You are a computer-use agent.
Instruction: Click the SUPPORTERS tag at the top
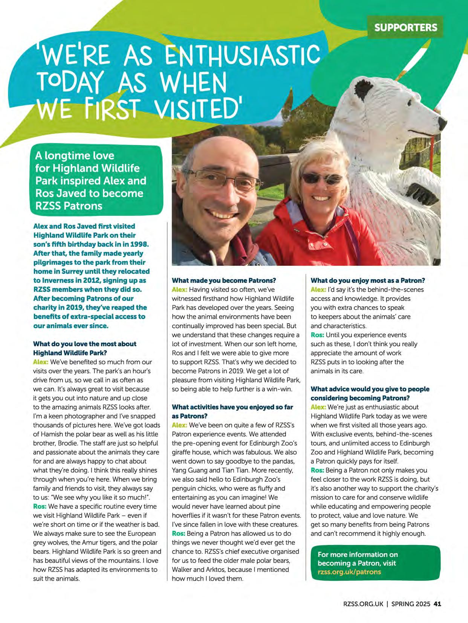click(405, 27)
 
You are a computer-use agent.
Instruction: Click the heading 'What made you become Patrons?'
click(224, 280)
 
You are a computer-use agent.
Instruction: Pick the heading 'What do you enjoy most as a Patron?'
click(367, 280)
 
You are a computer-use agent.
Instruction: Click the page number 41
click(437, 603)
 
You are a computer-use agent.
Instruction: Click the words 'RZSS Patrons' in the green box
click(69, 206)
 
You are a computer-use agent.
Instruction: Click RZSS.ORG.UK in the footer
click(363, 603)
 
